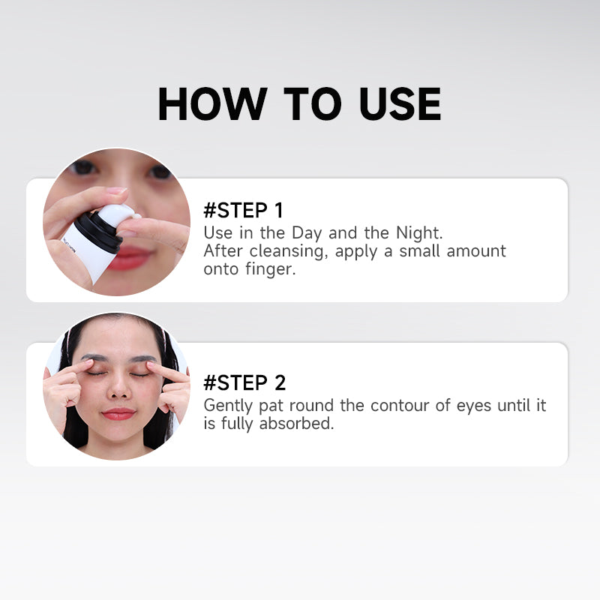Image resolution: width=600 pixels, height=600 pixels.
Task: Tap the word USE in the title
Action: click(400, 104)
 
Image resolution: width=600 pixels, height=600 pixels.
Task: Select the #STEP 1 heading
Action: click(244, 210)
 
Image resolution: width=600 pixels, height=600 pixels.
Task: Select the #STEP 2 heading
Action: click(244, 383)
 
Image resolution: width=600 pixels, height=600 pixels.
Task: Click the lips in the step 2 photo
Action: click(118, 413)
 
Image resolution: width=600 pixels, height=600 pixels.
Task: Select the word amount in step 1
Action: click(477, 251)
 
